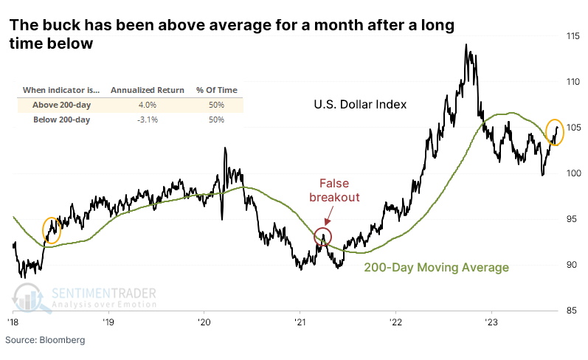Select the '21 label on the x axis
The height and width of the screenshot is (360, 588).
300,322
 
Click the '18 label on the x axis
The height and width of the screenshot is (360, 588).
13,322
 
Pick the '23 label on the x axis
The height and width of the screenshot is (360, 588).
491,322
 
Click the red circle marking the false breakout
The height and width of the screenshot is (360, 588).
322,237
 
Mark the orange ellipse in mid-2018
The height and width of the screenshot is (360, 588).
52,229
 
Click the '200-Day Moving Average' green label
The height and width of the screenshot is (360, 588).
436,268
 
